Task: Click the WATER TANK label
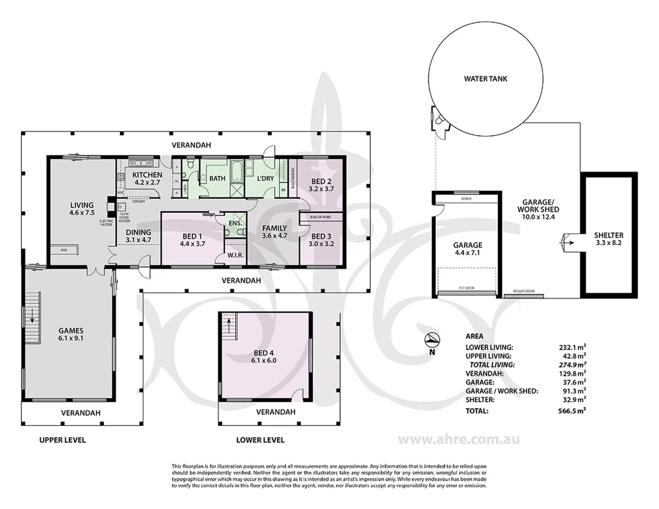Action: tap(486, 79)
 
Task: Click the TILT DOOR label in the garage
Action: tap(467, 288)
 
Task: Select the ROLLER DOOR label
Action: tap(524, 291)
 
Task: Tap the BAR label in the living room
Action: tap(63, 250)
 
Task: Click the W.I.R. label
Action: tap(235, 255)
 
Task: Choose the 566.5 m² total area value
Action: tap(571, 410)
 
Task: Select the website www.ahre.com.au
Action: tap(459, 439)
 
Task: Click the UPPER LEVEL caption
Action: tap(62, 440)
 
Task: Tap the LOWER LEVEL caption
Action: tap(260, 440)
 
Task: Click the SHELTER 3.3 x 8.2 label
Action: tap(608, 239)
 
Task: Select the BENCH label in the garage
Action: tap(466, 199)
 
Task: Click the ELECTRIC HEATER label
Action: tap(107, 222)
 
